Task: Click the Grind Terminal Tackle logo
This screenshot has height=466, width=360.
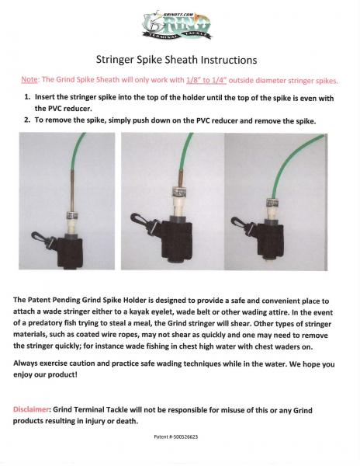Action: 177,26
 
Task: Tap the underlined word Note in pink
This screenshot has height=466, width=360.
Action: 29,79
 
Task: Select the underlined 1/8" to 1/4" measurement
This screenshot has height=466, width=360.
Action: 206,80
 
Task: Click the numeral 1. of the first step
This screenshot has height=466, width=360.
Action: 27,97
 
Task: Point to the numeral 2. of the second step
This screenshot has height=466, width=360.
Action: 27,120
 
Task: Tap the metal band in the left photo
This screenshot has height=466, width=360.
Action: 72,215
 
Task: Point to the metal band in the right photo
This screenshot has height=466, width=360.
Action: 272,203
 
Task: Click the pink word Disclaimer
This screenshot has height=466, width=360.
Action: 31,409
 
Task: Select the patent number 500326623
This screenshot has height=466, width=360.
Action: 185,436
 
